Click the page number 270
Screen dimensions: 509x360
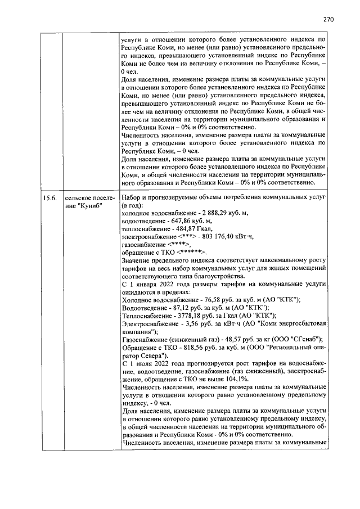329,19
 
